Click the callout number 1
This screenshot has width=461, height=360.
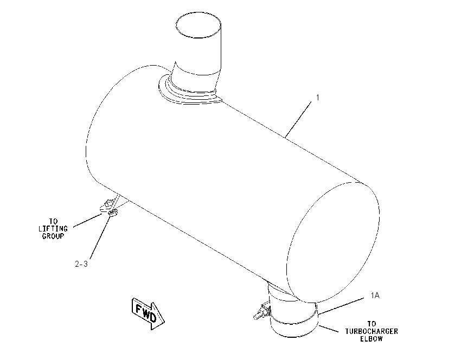coord(317,97)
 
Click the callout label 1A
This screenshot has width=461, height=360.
coord(375,295)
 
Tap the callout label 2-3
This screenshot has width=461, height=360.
coord(81,264)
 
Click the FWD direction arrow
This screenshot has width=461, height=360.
coord(148,314)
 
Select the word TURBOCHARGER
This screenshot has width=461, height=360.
coord(372,331)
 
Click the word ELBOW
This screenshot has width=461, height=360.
coord(372,338)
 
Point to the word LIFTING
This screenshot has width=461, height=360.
coord(53,228)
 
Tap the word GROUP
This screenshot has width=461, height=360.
coord(53,236)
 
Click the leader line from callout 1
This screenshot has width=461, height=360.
coord(298,119)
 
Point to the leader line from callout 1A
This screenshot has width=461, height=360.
coord(342,306)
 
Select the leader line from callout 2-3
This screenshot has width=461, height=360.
coord(101,236)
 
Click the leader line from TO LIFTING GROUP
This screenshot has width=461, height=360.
coord(88,220)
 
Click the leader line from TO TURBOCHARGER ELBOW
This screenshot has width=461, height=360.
coord(329,329)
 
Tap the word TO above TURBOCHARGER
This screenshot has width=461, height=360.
coord(372,324)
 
